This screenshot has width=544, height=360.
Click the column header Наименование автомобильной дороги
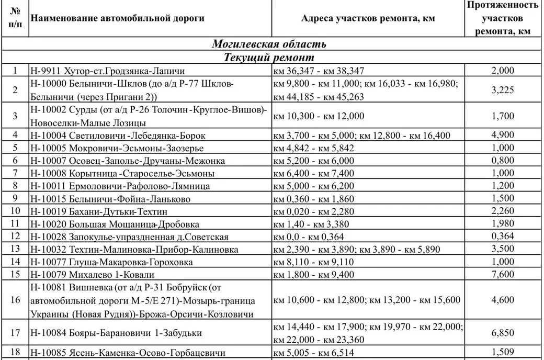click(x=118, y=19)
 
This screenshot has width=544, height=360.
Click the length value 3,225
click(x=503, y=90)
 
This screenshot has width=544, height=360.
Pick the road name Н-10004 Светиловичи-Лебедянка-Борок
click(x=117, y=136)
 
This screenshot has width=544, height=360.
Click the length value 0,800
click(x=503, y=161)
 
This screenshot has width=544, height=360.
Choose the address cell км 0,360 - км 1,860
click(x=314, y=198)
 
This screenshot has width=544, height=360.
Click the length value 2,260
click(x=503, y=211)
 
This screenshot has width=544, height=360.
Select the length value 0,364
click(x=503, y=236)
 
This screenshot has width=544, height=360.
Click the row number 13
click(x=15, y=249)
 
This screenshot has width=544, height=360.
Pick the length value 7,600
click(x=503, y=274)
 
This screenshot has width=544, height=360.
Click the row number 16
click(x=15, y=300)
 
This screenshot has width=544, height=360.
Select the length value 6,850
click(x=503, y=332)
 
